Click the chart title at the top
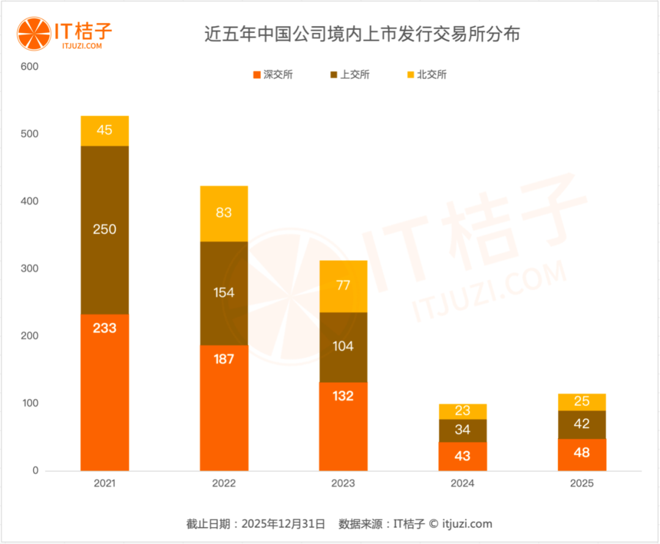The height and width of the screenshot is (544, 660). pyautogui.click(x=362, y=34)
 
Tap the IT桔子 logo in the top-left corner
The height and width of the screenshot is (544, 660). pyautogui.click(x=65, y=35)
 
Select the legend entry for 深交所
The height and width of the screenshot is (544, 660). pyautogui.click(x=273, y=75)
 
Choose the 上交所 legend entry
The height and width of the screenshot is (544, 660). pyautogui.click(x=350, y=75)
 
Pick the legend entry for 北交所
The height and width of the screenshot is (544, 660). pyautogui.click(x=427, y=75)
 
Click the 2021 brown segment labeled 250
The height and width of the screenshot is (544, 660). pyautogui.click(x=105, y=230)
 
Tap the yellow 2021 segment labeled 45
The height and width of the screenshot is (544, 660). pyautogui.click(x=105, y=131)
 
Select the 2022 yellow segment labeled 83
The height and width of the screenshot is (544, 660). pyautogui.click(x=224, y=214)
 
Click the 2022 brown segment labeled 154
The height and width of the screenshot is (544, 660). pyautogui.click(x=224, y=293)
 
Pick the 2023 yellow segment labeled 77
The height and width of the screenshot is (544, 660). pyautogui.click(x=343, y=286)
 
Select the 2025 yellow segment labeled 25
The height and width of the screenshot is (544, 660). pyautogui.click(x=582, y=402)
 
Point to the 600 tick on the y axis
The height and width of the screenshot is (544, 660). pyautogui.click(x=29, y=67)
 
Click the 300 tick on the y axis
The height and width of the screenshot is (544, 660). pyautogui.click(x=29, y=269)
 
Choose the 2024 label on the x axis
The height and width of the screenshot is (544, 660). pyautogui.click(x=463, y=484)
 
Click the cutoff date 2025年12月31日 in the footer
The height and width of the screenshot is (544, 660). pyautogui.click(x=284, y=524)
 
